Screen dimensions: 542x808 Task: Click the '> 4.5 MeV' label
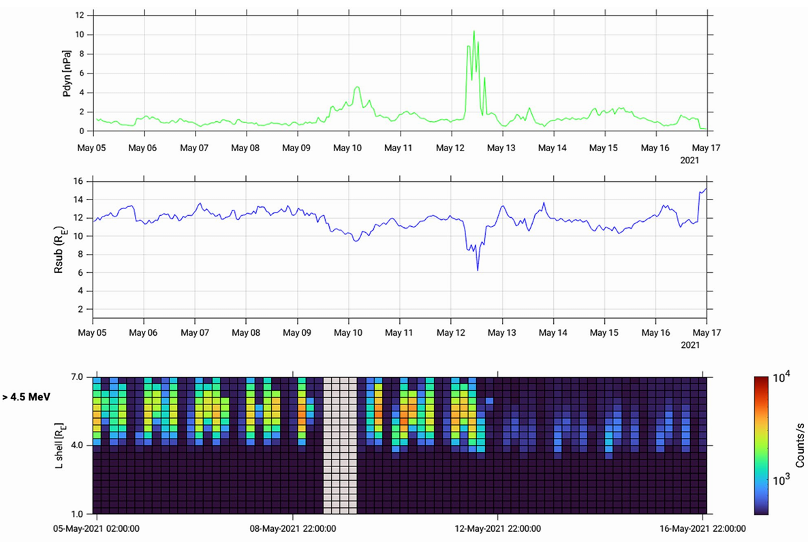(27, 396)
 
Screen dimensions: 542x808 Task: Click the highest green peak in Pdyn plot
(473, 31)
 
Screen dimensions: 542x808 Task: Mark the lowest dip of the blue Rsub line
(478, 270)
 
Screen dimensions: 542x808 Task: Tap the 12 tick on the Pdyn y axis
(80, 15)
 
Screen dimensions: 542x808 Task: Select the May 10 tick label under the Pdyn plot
(348, 147)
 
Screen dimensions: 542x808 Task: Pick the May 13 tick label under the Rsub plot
(502, 334)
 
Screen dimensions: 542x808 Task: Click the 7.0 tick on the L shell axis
(76, 377)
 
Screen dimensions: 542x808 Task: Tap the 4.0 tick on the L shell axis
(76, 445)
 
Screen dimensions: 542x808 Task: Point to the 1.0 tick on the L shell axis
(76, 513)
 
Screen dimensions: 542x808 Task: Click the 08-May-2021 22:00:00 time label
(294, 529)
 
